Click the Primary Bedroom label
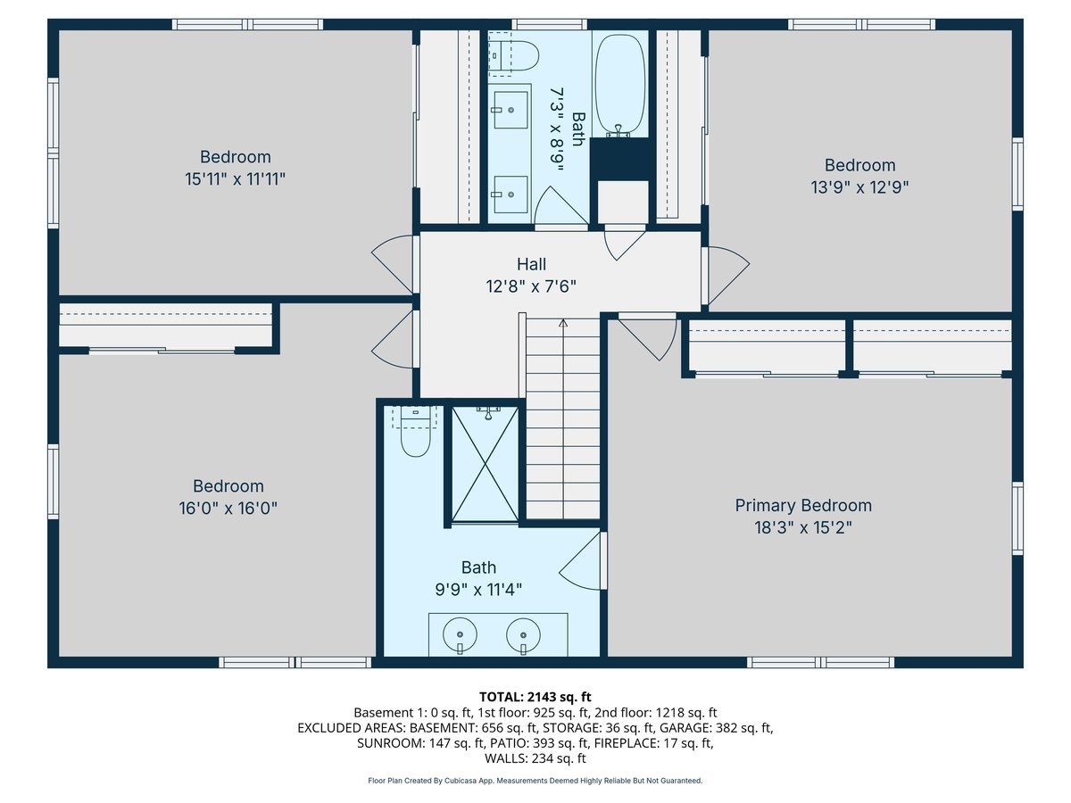pos(803,506)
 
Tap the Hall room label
pos(531,264)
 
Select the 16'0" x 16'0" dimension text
pos(228,509)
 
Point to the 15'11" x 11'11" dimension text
pos(236,179)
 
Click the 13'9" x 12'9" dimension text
pos(859,187)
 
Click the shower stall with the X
pos(485,463)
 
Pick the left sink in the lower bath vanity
pos(461,635)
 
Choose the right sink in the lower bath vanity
pos(523,635)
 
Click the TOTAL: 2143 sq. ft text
pos(535,696)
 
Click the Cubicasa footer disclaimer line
pos(535,781)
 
